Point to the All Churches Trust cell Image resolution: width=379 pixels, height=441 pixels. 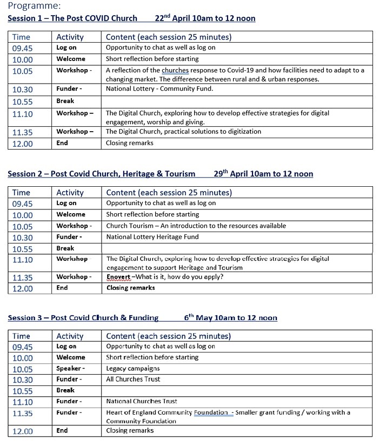click(x=133, y=379)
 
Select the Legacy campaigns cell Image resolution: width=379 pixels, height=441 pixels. click(x=133, y=368)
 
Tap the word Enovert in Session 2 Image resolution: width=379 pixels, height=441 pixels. click(x=118, y=277)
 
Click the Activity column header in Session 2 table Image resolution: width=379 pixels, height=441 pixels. click(x=70, y=193)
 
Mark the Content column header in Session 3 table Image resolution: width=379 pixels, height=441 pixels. click(x=168, y=336)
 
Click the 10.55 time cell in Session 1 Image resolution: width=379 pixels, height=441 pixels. click(x=22, y=101)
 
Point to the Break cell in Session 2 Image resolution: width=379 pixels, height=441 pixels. click(x=65, y=248)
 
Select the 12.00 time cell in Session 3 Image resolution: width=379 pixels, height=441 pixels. click(x=22, y=431)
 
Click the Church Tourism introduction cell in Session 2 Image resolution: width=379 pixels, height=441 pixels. click(x=196, y=226)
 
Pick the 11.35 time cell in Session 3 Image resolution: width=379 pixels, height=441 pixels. click(x=22, y=413)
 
